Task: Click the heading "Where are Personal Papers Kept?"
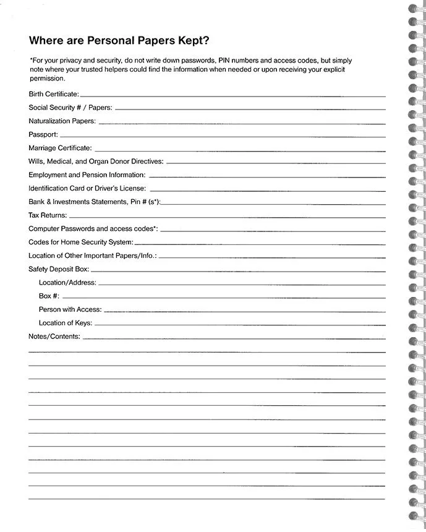[x=119, y=41]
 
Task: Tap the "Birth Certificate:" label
[x=54, y=94]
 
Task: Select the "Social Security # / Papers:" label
[x=70, y=108]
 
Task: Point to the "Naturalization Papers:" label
[x=62, y=121]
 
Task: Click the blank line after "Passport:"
[x=223, y=135]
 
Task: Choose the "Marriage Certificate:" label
[x=60, y=148]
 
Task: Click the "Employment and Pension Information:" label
[x=87, y=175]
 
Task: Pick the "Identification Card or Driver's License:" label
[x=87, y=189]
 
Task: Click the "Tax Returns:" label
[x=48, y=215]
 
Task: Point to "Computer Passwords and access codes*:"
[x=93, y=229]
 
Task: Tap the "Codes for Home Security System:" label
[x=81, y=242]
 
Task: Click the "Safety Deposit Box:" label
[x=59, y=269]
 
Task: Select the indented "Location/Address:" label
[x=67, y=283]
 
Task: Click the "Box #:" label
[x=49, y=296]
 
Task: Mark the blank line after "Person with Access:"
[x=244, y=311]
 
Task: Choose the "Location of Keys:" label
[x=66, y=323]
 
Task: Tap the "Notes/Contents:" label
[x=54, y=337]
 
